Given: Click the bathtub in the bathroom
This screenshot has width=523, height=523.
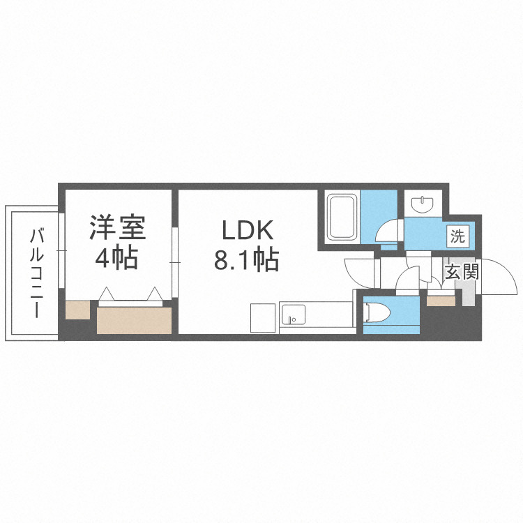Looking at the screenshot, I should [x=342, y=216].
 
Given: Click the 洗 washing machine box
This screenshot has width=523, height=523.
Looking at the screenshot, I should [x=457, y=236].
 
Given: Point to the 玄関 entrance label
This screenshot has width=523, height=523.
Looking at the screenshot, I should [x=462, y=272].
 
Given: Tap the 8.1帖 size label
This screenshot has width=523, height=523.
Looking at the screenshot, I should [x=246, y=260].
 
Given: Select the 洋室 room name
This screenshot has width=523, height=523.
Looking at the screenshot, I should [x=116, y=228].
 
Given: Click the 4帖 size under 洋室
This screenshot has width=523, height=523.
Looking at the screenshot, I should [x=116, y=259].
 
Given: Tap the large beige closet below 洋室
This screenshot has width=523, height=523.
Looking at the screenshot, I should [x=134, y=320].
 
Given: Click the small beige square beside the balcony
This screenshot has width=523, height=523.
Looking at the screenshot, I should [x=78, y=310].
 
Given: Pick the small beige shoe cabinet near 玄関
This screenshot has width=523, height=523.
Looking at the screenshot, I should [x=440, y=301].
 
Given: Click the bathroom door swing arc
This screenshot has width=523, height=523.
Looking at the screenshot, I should [x=388, y=231].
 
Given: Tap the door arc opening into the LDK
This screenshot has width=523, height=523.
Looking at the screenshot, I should [x=359, y=272].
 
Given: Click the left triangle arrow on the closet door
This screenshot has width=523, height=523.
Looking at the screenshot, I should [x=107, y=293].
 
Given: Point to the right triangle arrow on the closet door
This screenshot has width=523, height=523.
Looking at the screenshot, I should [x=155, y=293].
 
